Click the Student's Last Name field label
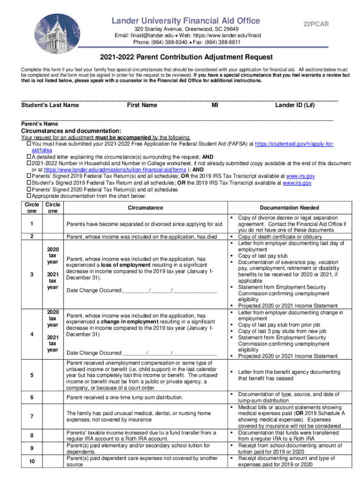pyautogui.click(x=50, y=105)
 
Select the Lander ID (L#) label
pyautogui.click(x=295, y=105)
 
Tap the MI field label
pyautogui.click(x=215, y=105)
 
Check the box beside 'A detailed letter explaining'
pyautogui.click(x=29, y=157)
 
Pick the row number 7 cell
pyautogui.click(x=31, y=416)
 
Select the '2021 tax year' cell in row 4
pyautogui.click(x=53, y=343)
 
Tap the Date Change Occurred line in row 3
pyautogui.click(x=142, y=290)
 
